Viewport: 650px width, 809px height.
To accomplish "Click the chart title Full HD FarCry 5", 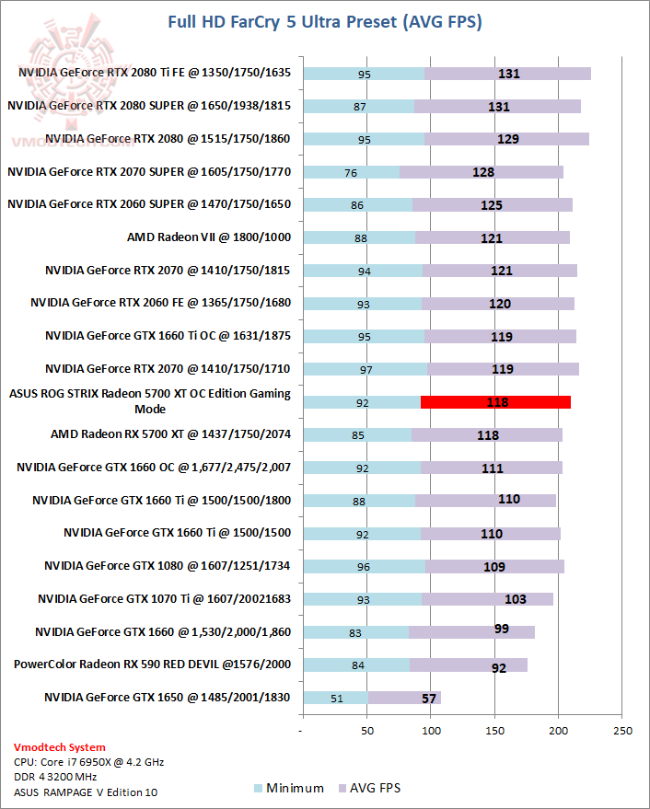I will point(325,20).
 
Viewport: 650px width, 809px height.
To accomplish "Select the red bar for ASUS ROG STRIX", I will point(495,401).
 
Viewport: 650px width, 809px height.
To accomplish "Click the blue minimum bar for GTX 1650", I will point(334,698).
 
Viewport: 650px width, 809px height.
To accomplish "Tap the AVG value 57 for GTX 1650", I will point(428,699).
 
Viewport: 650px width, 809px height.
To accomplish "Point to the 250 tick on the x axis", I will point(622,732).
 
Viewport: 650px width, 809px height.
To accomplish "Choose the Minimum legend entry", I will point(288,788).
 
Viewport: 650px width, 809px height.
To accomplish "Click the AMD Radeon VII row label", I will point(209,237).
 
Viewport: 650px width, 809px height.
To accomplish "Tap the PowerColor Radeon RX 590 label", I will point(152,664).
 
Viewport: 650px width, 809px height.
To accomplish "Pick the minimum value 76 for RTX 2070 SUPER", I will point(351,172).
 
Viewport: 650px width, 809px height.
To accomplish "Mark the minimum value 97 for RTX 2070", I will point(366,369).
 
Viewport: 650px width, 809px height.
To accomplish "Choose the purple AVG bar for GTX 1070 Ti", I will point(487,599).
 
